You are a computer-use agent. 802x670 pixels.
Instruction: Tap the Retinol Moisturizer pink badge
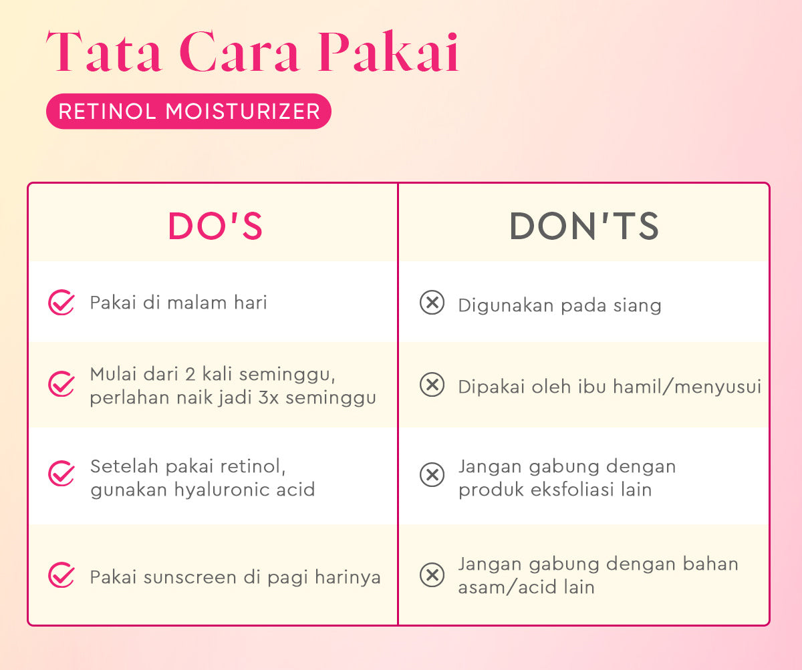click(x=188, y=111)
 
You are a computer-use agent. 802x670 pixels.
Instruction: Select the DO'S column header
click(x=215, y=226)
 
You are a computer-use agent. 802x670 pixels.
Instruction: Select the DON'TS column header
click(x=584, y=226)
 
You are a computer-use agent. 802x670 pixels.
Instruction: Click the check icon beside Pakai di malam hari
click(x=61, y=303)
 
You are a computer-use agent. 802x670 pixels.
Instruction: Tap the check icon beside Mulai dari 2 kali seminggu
click(x=61, y=384)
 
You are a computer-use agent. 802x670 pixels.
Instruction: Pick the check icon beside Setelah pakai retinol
click(x=61, y=474)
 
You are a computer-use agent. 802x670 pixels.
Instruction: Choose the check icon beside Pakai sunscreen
click(x=61, y=575)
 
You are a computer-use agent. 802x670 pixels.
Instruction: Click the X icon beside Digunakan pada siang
click(x=432, y=303)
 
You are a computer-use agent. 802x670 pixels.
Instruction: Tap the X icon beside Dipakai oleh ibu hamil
click(x=432, y=385)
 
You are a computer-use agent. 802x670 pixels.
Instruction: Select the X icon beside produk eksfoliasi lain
click(x=432, y=475)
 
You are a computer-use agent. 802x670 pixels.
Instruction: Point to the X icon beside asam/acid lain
click(x=432, y=575)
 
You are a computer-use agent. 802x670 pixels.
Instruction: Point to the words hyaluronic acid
click(x=244, y=490)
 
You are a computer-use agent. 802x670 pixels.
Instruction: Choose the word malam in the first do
click(x=195, y=303)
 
